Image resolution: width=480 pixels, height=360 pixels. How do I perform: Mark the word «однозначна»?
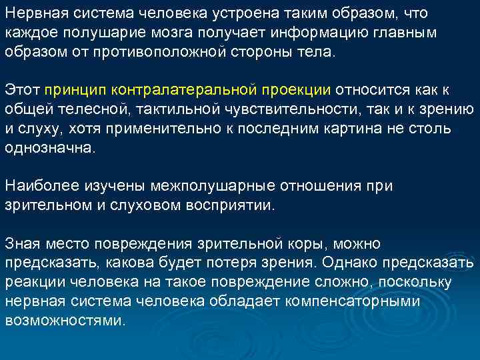coord(51,149)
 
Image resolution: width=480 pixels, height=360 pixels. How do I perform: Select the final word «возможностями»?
coord(65,321)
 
